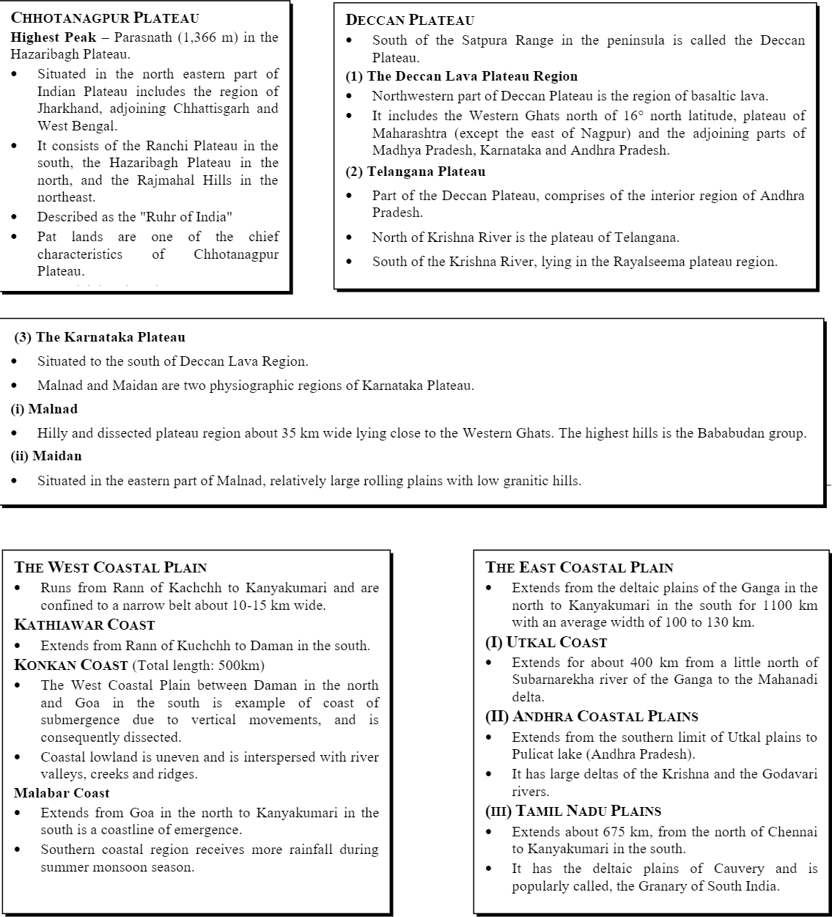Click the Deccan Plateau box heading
(410, 21)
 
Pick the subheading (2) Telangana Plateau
(416, 172)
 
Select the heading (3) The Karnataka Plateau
(100, 337)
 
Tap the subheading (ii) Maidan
(46, 456)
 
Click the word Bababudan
(713, 433)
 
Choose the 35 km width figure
(295, 433)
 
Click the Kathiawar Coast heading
(84, 625)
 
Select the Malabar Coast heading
(62, 793)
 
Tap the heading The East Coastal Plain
(579, 567)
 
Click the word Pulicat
(534, 754)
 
